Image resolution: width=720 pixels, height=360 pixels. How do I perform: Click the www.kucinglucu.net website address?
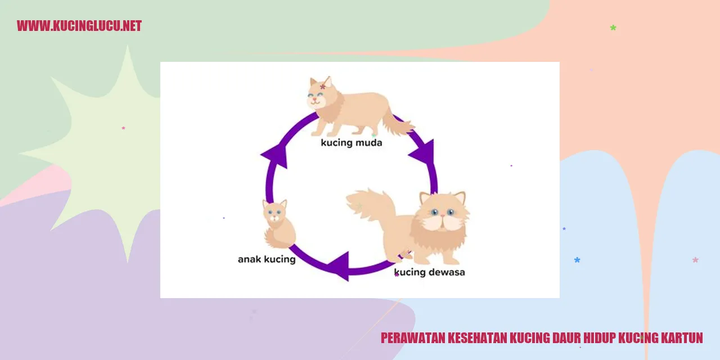79,26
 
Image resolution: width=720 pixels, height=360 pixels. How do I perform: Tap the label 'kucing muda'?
351,143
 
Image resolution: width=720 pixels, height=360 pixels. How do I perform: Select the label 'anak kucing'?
266,259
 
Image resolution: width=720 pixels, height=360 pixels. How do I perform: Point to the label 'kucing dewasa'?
429,273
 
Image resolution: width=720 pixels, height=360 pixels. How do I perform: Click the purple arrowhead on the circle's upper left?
276,154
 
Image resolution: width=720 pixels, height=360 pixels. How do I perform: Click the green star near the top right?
613,28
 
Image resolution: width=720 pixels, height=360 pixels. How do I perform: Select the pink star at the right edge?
695,260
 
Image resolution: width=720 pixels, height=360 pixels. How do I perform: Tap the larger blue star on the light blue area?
577,260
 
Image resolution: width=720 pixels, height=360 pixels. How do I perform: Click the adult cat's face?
443,213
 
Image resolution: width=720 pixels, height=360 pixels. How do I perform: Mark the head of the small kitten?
275,210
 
